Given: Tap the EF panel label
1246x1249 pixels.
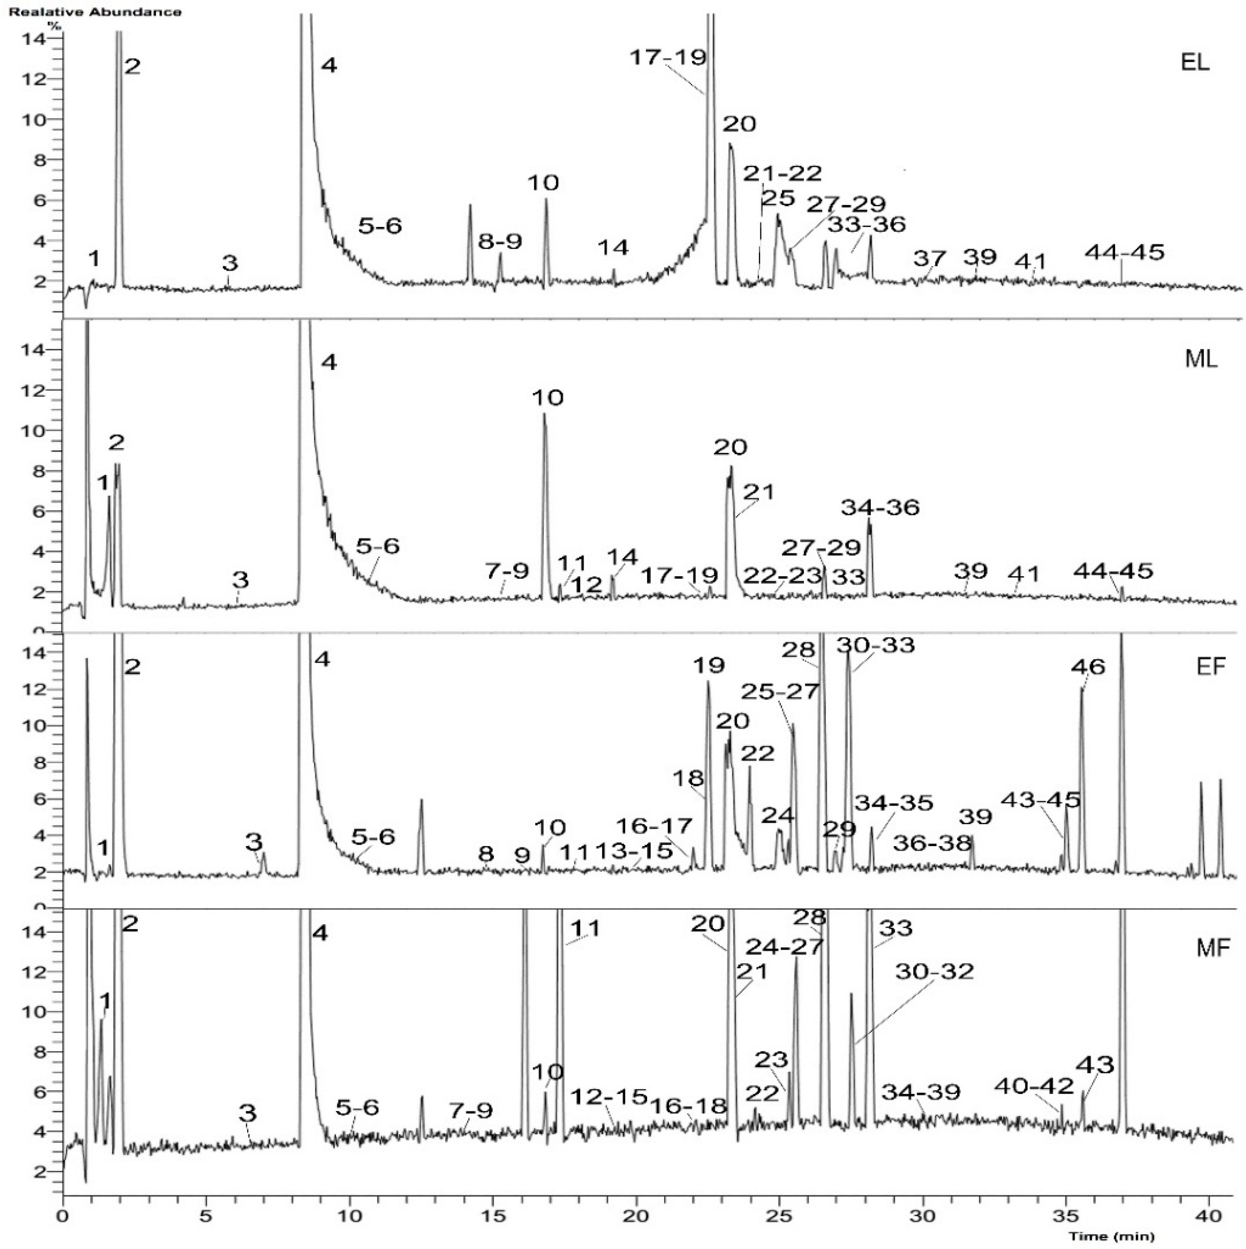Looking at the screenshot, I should (x=1210, y=666).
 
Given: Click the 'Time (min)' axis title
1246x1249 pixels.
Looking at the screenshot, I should (x=1111, y=1236).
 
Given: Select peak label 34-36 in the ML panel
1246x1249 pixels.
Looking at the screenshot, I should (x=880, y=507).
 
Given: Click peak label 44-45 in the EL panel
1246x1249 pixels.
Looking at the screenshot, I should (x=1125, y=252).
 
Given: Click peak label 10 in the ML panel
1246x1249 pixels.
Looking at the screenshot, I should (x=548, y=397).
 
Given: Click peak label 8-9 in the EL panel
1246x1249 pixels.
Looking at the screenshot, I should (x=500, y=242).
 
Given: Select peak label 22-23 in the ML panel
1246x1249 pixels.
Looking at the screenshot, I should (x=782, y=575).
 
